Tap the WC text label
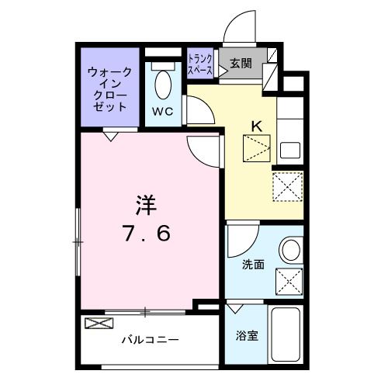click(162, 111)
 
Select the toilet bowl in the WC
click(162, 82)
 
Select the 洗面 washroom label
click(253, 265)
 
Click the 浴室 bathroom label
click(247, 337)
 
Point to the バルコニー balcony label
click(150, 340)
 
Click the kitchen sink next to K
click(289, 150)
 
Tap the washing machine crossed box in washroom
click(288, 281)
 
